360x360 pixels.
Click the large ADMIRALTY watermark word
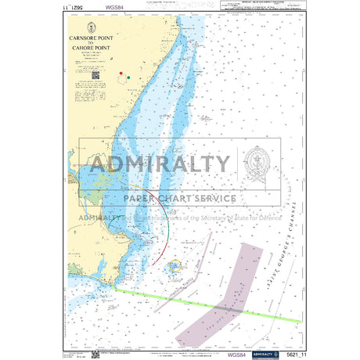[160, 165]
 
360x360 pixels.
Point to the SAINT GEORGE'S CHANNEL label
[291, 224]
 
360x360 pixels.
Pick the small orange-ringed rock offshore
[174, 268]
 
